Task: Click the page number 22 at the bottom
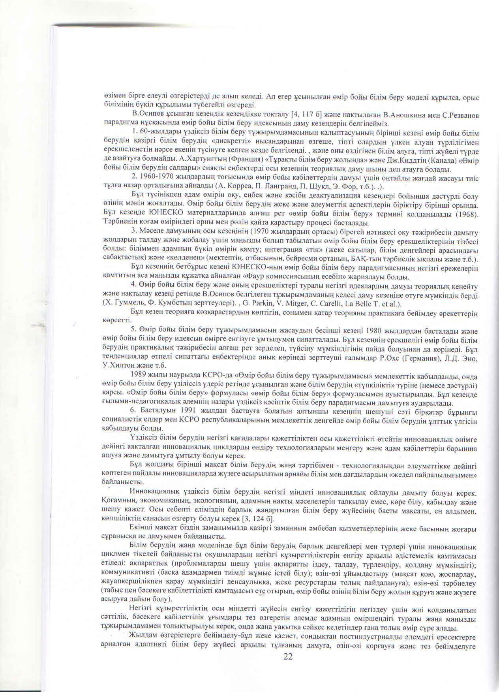pyautogui.click(x=289, y=656)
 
